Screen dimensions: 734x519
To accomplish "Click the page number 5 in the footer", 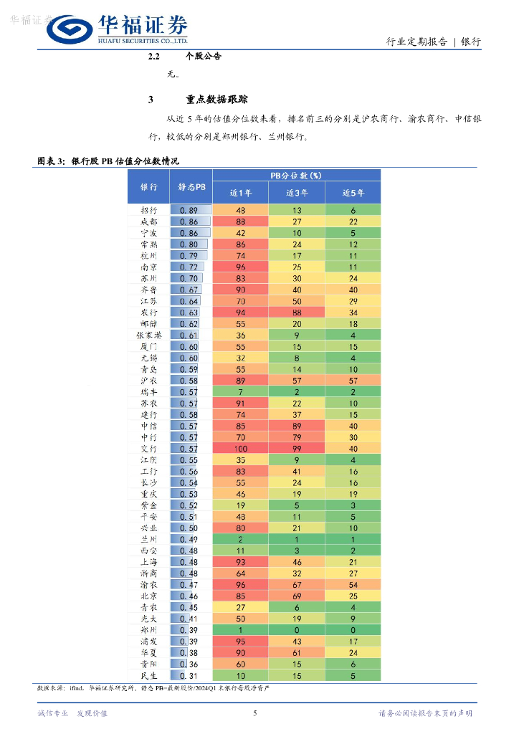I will pos(255,712).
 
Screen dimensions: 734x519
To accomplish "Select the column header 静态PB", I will pos(191,186).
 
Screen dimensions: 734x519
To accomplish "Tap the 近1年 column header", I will pos(241,193).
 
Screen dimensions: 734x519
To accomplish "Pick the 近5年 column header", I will pos(353,193).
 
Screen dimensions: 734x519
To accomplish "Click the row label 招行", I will pos(149,210).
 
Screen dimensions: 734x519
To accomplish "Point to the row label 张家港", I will pos(149,335).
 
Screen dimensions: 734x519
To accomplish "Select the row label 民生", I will pos(149,675).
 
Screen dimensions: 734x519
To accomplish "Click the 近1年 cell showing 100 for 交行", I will pos(241,448).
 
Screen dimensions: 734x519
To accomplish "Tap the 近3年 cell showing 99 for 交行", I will pos(297,448).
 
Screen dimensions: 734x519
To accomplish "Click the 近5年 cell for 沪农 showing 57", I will pos(353,380).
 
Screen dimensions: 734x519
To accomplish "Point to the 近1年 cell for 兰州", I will pos(241,539).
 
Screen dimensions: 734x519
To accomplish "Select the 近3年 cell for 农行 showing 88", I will pos(297,312).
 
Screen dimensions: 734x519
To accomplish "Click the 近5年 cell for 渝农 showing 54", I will pos(353,584).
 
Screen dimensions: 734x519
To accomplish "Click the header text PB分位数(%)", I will pos(296,175).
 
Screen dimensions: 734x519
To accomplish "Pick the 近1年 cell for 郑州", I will pos(241,629).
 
